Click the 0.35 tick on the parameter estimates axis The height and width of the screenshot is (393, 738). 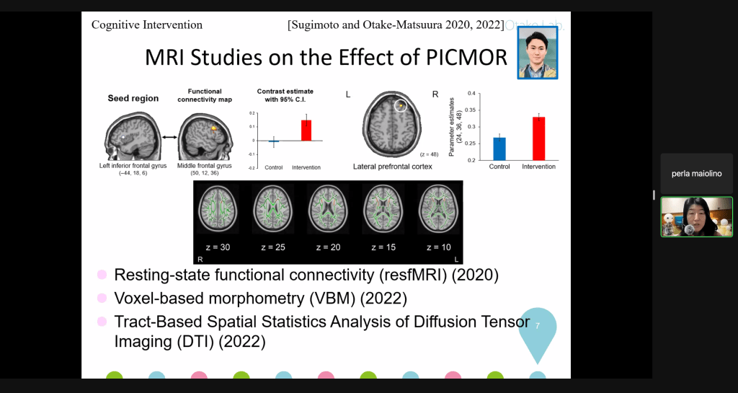(x=472, y=110)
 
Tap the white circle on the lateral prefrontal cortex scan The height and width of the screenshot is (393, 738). (x=401, y=106)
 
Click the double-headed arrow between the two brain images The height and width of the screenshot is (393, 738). (x=169, y=136)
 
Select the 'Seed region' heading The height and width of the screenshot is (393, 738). (x=133, y=98)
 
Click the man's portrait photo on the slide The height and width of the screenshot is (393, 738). (x=537, y=53)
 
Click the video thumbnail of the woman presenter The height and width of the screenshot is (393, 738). (x=696, y=217)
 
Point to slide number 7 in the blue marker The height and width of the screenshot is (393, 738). (x=537, y=327)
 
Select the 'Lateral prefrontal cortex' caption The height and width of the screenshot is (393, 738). (x=392, y=167)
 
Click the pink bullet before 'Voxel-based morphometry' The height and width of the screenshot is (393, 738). (x=102, y=298)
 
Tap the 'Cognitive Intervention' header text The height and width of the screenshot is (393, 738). (x=147, y=25)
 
